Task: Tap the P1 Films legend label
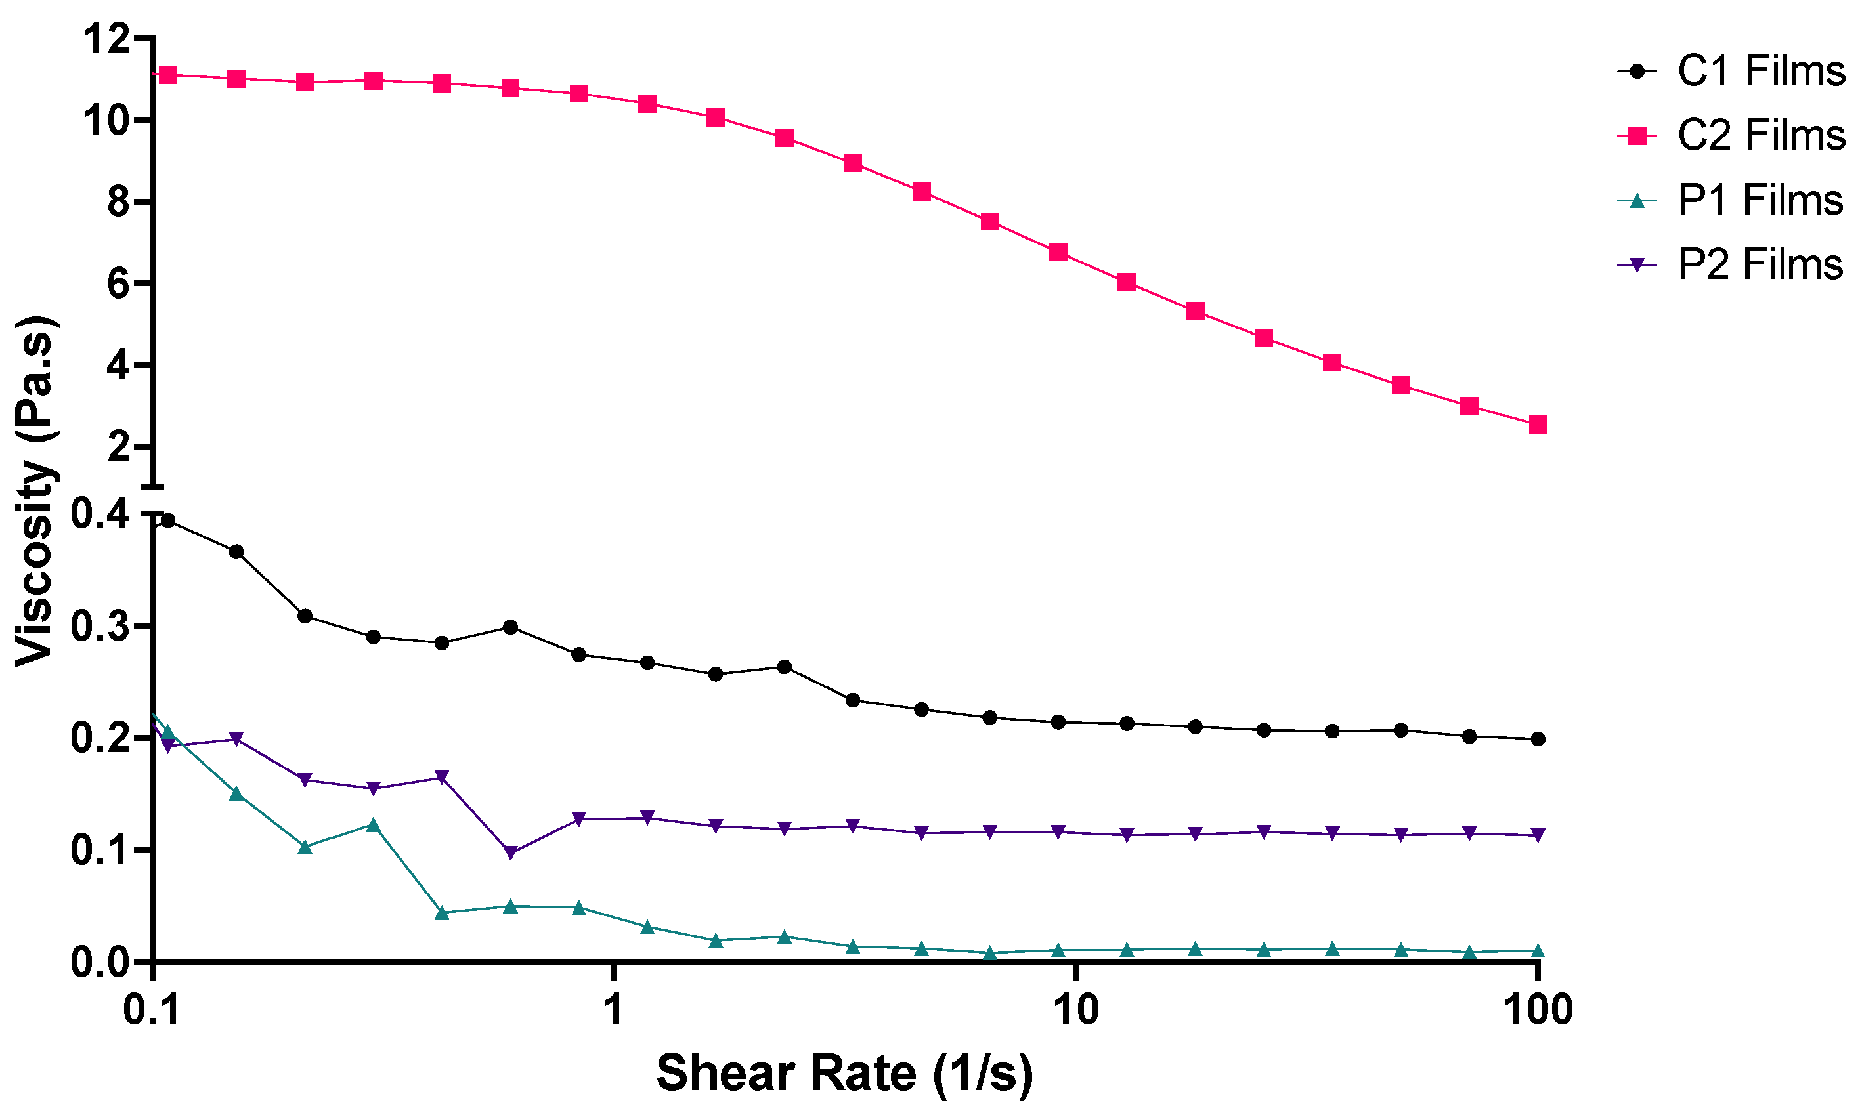(1760, 200)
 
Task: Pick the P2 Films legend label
(1760, 264)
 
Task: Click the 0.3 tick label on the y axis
(99, 627)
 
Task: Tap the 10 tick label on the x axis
(1076, 1009)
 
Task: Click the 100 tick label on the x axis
(1538, 1009)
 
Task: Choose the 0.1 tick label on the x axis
(152, 1009)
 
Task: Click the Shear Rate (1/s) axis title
(844, 1073)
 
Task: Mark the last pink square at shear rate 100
(1538, 425)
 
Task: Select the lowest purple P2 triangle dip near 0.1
(510, 852)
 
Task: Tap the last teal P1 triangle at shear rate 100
(1538, 951)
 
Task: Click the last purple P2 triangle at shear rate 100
(1538, 835)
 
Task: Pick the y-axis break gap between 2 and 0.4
(152, 500)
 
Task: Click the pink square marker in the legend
(1637, 136)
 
